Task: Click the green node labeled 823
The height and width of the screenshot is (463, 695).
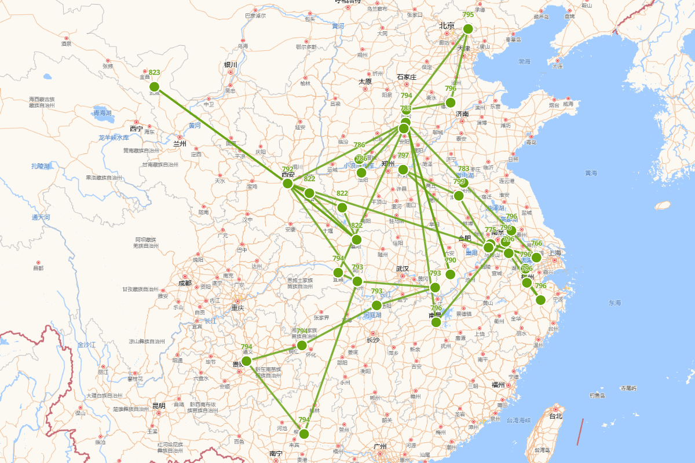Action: pyautogui.click(x=154, y=87)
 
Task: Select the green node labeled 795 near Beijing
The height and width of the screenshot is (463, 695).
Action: pyautogui.click(x=468, y=29)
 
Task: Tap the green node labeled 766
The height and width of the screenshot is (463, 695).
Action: pyautogui.click(x=536, y=258)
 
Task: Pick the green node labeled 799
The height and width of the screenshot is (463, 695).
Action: pyautogui.click(x=459, y=196)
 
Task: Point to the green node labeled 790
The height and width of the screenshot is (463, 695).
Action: pyautogui.click(x=450, y=274)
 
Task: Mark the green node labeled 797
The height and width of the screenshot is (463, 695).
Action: pyautogui.click(x=403, y=170)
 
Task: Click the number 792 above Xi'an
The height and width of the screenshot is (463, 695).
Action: pyautogui.click(x=288, y=169)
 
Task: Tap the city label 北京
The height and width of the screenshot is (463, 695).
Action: pyautogui.click(x=447, y=25)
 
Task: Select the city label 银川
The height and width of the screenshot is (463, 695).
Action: pyautogui.click(x=231, y=65)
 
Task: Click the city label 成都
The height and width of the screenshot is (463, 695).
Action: pyautogui.click(x=185, y=283)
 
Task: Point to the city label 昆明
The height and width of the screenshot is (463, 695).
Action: pyautogui.click(x=159, y=406)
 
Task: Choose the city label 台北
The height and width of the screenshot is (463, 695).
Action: pyautogui.click(x=555, y=416)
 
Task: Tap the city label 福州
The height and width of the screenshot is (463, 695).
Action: pyautogui.click(x=499, y=384)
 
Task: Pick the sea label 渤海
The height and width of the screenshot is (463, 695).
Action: pyautogui.click(x=524, y=61)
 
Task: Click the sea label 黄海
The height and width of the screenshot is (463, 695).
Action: pyautogui.click(x=591, y=172)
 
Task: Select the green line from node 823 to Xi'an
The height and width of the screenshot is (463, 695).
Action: pyautogui.click(x=220, y=135)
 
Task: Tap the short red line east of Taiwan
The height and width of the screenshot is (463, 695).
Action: pyautogui.click(x=580, y=432)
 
